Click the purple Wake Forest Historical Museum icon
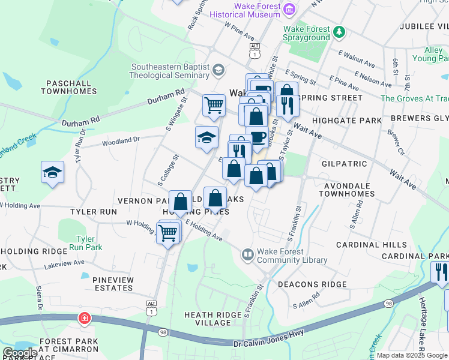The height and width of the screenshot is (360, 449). [290, 9]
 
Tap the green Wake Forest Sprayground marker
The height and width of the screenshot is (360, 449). [340, 31]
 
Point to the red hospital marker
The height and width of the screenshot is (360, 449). [83, 317]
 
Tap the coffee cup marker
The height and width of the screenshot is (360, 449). [257, 137]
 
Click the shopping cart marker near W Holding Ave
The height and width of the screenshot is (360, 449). [169, 232]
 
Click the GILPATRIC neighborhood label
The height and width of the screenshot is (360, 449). [344, 163]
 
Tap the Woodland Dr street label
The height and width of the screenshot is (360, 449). [120, 140]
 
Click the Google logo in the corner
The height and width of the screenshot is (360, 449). [20, 353]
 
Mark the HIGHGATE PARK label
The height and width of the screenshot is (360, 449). [351, 121]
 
